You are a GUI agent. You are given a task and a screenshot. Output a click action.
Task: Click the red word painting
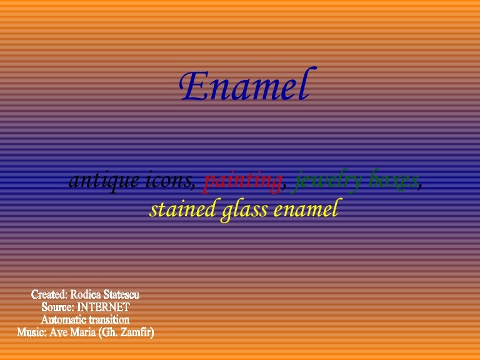242,181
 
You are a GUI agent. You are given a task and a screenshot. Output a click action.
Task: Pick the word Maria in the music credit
86,333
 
